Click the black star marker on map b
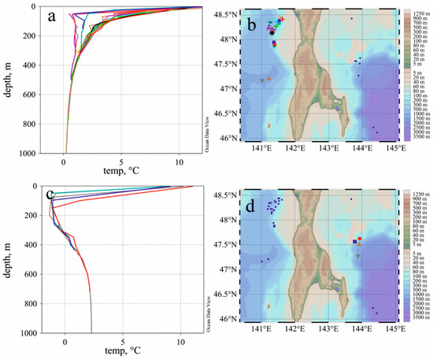click(272, 33)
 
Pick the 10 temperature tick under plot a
click(179, 163)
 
